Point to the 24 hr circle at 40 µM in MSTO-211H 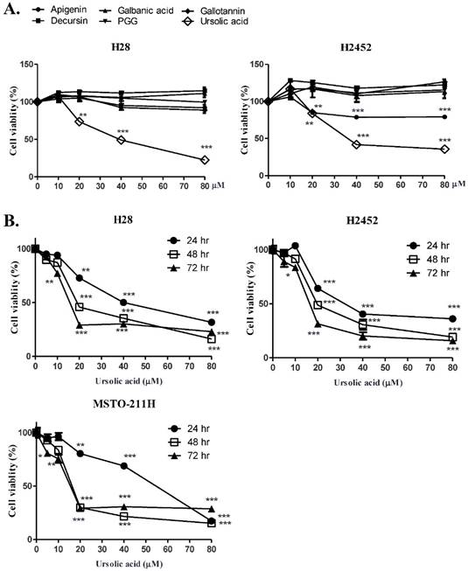(122, 465)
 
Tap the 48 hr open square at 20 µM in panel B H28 (80, 307)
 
